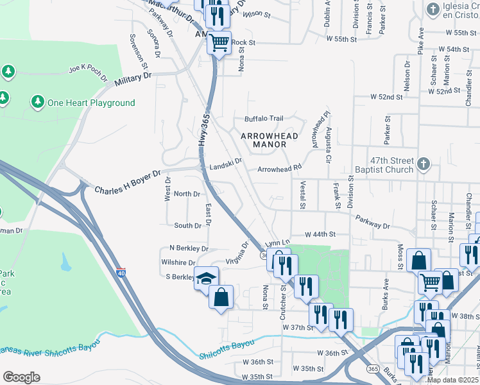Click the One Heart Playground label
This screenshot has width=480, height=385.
[90, 103]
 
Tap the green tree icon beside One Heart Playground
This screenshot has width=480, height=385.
[37, 102]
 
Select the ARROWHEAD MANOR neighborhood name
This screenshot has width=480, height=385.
[263, 140]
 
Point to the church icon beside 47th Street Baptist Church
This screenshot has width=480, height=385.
[422, 164]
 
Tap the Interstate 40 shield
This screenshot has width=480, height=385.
[121, 273]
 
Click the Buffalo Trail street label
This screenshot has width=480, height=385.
[263, 119]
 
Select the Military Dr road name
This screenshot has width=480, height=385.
[133, 80]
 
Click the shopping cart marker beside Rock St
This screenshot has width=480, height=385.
[219, 44]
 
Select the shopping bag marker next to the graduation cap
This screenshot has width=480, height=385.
[221, 297]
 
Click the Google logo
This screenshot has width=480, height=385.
[21, 377]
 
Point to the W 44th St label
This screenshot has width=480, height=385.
[320, 235]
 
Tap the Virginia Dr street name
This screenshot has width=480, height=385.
[237, 253]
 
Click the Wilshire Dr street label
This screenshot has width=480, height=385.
[178, 262]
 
